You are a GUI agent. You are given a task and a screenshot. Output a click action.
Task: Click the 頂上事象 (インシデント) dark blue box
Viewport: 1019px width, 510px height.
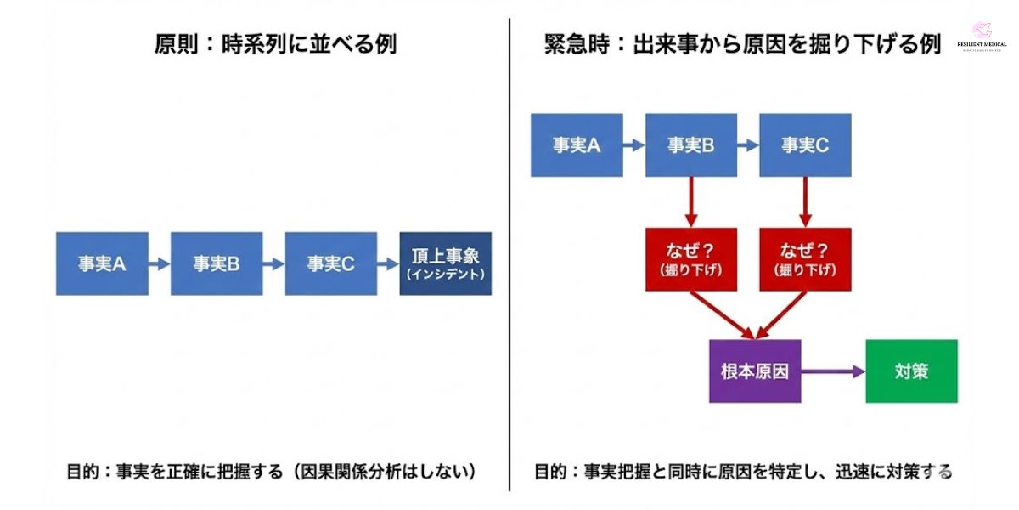point(445,263)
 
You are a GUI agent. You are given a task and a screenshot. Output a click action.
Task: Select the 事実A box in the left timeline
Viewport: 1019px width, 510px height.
point(102,263)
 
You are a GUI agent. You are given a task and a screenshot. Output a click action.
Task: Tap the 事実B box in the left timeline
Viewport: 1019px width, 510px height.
point(217,263)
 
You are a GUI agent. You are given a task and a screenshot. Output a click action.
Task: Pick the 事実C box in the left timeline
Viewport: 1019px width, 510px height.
point(331,263)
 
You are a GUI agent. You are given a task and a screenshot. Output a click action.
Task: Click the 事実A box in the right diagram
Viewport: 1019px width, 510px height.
point(577,145)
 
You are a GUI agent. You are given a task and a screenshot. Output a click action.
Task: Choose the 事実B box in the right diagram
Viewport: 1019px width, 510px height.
point(690,145)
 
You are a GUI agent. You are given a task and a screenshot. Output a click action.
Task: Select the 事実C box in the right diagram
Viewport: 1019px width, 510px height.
point(805,145)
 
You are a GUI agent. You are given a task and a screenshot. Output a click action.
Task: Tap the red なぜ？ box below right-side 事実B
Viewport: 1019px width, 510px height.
point(690,259)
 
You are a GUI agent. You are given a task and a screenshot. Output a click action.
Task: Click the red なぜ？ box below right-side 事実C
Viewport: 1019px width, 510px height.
point(805,259)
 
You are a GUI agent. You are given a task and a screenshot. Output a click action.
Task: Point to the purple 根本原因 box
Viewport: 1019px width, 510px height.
point(755,371)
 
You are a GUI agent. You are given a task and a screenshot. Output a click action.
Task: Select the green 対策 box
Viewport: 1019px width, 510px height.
point(911,371)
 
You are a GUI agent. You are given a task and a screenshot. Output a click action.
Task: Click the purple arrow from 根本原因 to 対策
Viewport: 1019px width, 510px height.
point(833,371)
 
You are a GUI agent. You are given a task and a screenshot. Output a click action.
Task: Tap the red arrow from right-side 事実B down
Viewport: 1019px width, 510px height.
point(690,202)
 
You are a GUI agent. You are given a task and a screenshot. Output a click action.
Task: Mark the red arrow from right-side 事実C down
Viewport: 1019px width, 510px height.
point(805,202)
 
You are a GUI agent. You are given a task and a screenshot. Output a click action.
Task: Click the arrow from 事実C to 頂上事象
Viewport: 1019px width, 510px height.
point(388,263)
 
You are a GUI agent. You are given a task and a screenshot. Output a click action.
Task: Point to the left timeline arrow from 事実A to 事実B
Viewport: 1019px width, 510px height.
point(160,263)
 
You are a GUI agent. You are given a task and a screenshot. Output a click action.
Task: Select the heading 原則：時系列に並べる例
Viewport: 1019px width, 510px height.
point(275,45)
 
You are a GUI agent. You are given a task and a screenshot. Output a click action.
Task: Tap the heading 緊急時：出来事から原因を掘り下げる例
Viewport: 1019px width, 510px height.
point(743,45)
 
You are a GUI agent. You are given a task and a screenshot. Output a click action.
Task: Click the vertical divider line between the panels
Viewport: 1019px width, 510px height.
point(509,255)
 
